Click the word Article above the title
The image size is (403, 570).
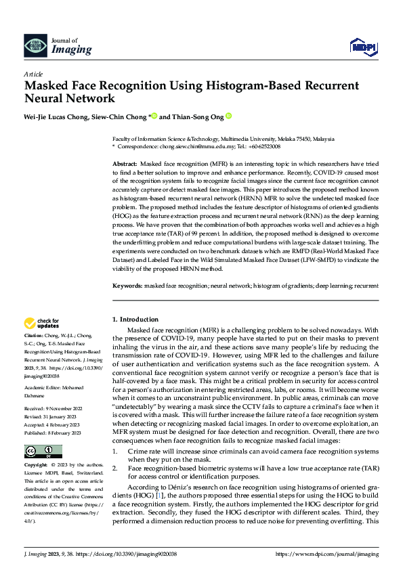click(33, 74)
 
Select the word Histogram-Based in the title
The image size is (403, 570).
click(234, 86)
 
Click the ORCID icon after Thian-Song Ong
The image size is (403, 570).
click(229, 116)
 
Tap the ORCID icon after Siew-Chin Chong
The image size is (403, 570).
click(154, 116)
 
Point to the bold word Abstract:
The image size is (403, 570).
click(124, 165)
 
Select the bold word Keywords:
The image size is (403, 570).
click(127, 286)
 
